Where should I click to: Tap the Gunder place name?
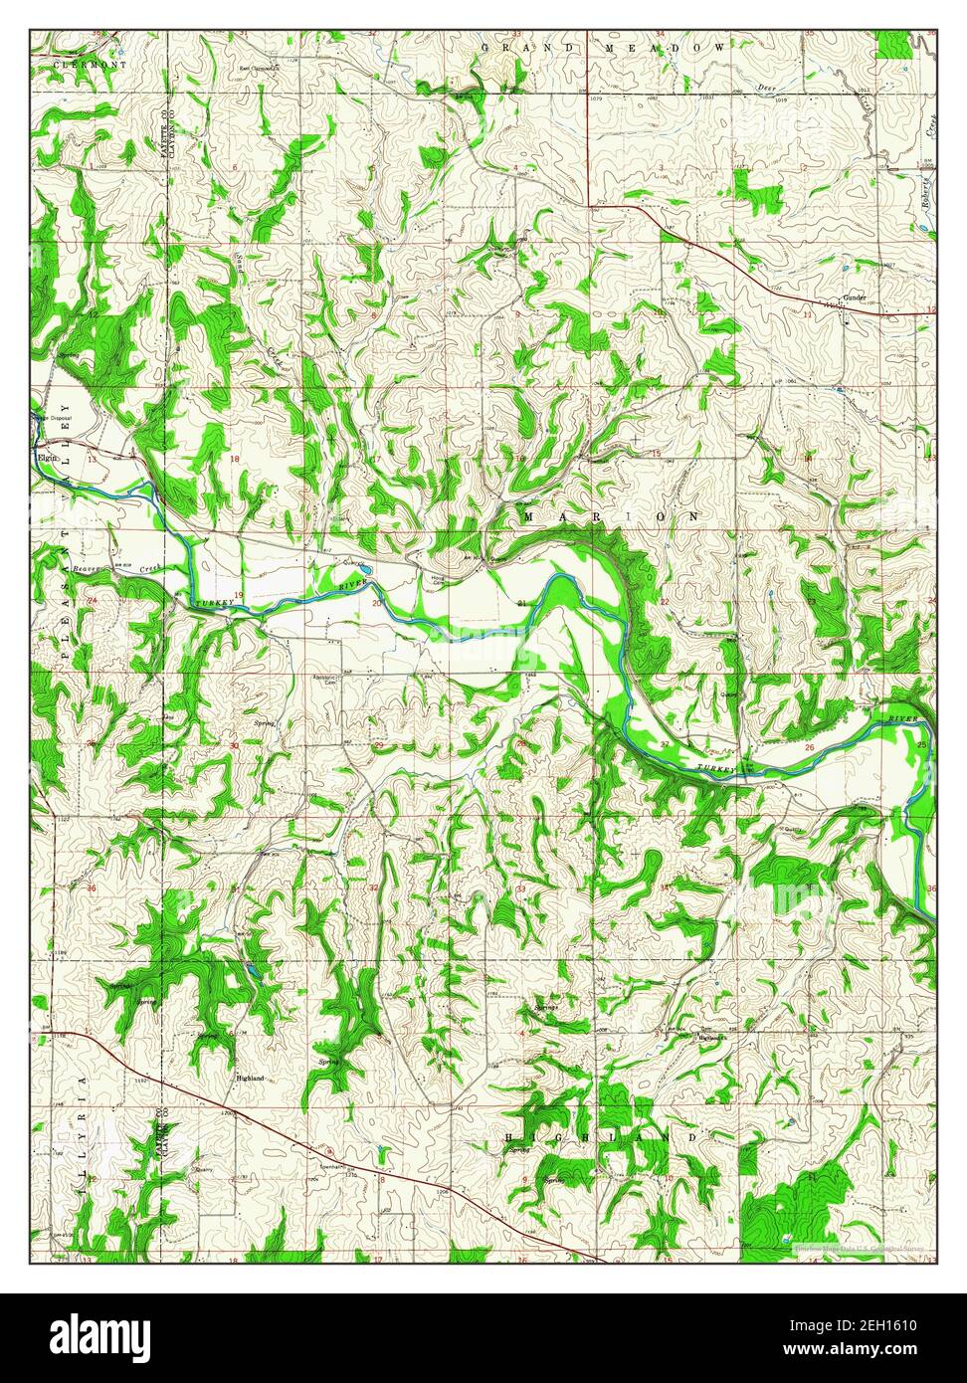pos(856,297)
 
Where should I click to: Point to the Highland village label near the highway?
pos(250,1079)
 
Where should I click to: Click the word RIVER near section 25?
pos(902,717)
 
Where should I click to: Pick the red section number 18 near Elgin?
pos(235,459)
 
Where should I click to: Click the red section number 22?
pos(664,603)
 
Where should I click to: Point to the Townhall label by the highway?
pos(332,1166)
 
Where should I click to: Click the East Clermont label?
pos(257,69)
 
